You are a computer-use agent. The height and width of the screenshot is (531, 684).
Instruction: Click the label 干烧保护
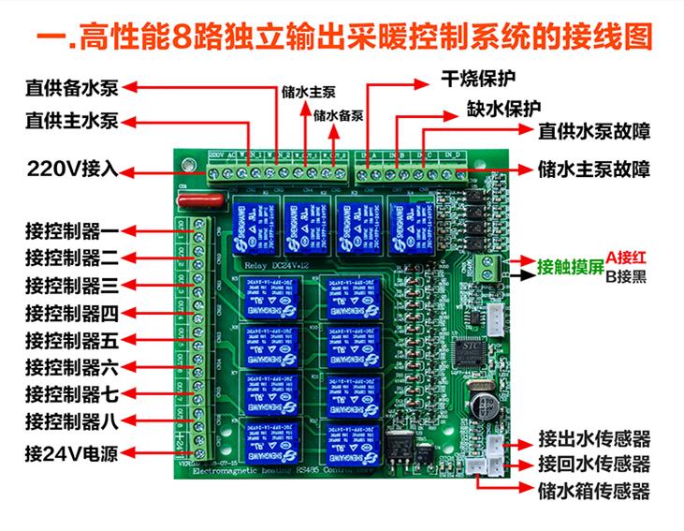479,76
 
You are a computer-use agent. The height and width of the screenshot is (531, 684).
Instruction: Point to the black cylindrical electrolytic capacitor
487,405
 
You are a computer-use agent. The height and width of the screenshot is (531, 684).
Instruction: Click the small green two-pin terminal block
487,267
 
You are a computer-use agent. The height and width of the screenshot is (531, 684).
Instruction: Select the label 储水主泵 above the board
308,93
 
